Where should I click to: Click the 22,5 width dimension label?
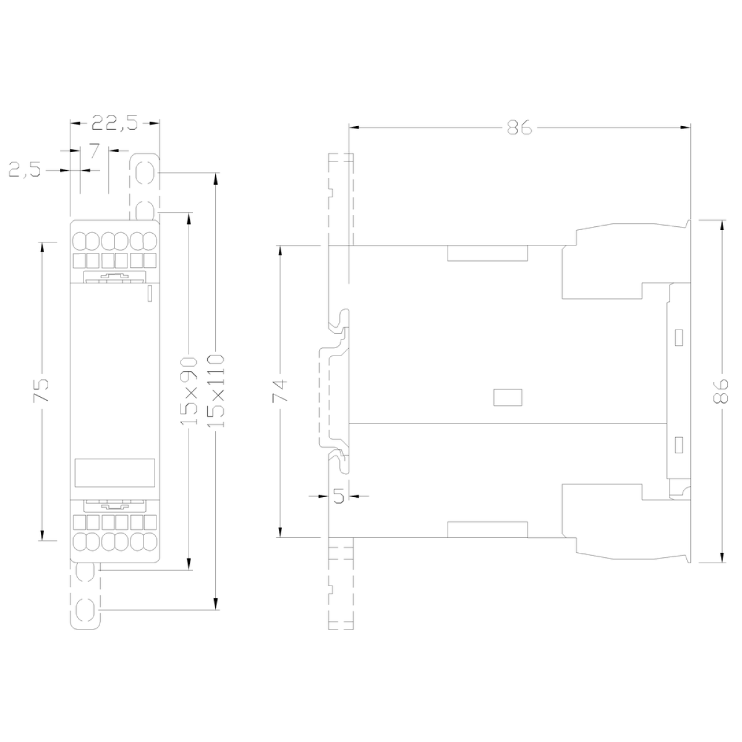point(114,123)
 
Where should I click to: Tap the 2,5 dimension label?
point(25,169)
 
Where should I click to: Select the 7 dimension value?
point(95,150)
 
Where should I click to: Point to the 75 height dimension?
point(41,390)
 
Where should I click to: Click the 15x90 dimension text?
point(189,391)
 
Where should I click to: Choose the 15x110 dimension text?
point(216,391)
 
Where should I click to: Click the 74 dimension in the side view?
point(280,391)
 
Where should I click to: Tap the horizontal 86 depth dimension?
point(519,127)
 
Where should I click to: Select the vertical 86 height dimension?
point(721,391)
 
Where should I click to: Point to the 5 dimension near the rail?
point(338,496)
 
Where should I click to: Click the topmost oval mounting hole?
point(145,173)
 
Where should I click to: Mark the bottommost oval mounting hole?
point(85,610)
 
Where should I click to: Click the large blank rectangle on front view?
point(115,473)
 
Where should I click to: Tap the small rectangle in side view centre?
point(508,398)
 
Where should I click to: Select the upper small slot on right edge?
point(679,338)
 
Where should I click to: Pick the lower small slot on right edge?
point(679,445)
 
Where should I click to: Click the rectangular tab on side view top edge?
point(487,253)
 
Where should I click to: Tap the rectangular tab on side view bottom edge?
point(487,529)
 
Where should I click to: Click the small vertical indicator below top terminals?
point(150,294)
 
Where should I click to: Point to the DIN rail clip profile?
point(335,391)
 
